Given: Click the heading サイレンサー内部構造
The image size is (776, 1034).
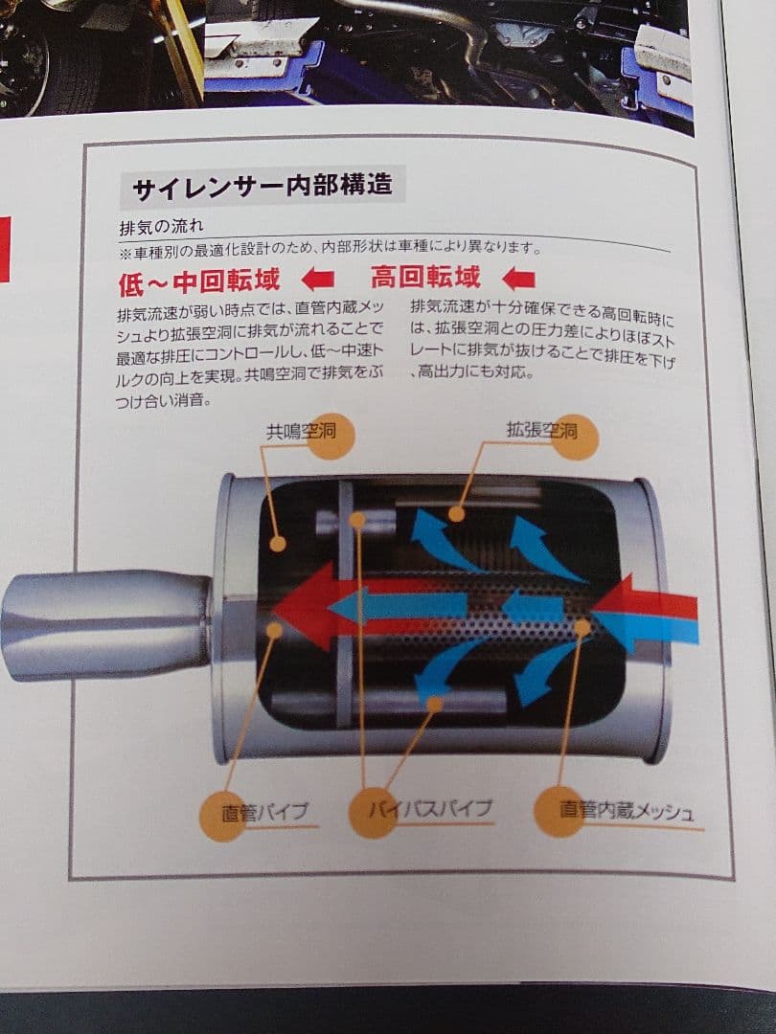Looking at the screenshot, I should tap(262, 186).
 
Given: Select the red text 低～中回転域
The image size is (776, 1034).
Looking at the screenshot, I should tap(199, 281).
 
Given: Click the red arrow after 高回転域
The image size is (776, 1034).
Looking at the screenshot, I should tap(518, 279).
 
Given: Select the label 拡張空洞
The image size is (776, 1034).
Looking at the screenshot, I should tap(541, 430).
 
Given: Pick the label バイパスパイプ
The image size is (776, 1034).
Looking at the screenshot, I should tap(431, 809).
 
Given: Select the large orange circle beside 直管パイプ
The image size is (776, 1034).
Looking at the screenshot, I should tap(222, 815).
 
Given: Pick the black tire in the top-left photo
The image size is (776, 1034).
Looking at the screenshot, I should tap(29, 57).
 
